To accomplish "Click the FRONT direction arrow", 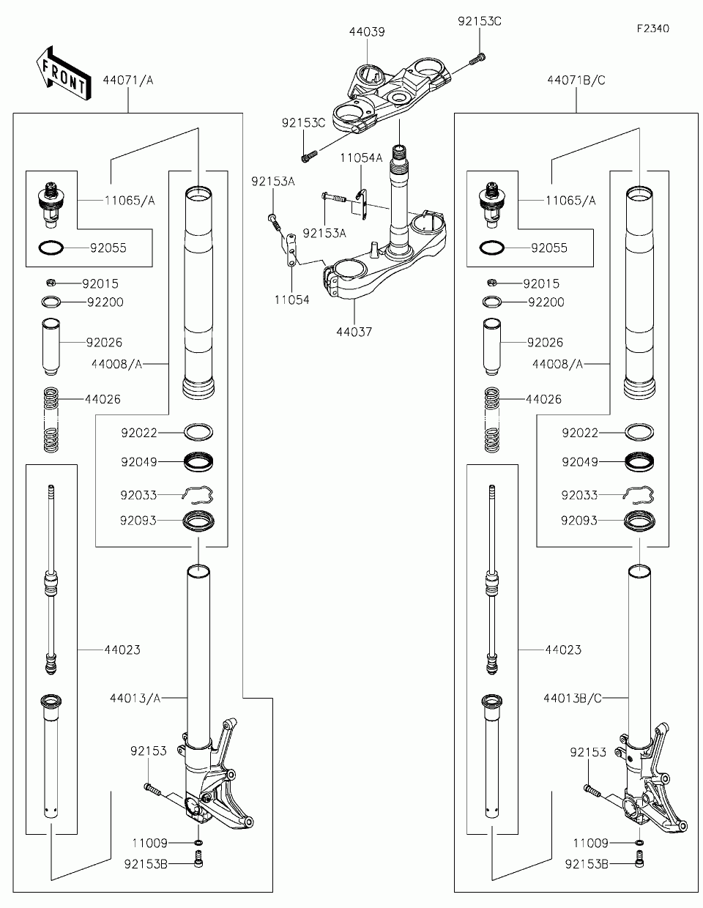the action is click(x=64, y=73).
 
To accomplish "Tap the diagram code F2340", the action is click(x=653, y=29).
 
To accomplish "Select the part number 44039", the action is click(x=367, y=31).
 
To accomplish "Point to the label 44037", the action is click(x=354, y=332).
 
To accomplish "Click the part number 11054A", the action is click(x=361, y=158).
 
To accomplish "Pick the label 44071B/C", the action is click(x=576, y=81).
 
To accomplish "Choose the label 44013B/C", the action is click(x=572, y=699).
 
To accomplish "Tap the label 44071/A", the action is click(x=128, y=81).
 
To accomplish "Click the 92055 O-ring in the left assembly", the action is click(x=51, y=248).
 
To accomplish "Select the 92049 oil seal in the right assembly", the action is click(x=639, y=462).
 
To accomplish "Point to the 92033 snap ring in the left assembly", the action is click(x=198, y=494).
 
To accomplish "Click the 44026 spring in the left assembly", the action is click(x=51, y=420).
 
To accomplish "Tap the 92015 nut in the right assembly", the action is click(x=491, y=283).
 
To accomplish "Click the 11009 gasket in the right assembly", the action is click(x=639, y=842).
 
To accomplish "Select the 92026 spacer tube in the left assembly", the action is click(x=51, y=348).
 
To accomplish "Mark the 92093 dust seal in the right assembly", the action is click(x=639, y=521).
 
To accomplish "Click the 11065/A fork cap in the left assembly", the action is click(x=51, y=205).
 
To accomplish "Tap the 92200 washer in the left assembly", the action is click(x=51, y=302).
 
